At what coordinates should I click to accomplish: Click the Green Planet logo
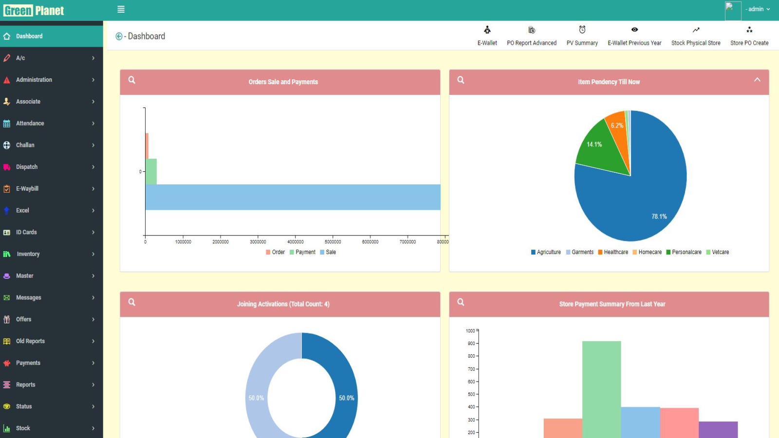click(x=34, y=10)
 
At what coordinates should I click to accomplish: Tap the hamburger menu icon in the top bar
click(x=121, y=9)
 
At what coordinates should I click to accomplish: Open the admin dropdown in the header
click(x=758, y=9)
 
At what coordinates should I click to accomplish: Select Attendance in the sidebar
click(x=30, y=124)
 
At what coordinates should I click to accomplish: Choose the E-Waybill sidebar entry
click(x=27, y=189)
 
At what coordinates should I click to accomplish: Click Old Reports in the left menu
click(x=30, y=341)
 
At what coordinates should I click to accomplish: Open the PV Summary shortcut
click(x=582, y=36)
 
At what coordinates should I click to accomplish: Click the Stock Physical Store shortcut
click(x=696, y=36)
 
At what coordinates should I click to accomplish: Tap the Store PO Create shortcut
click(x=749, y=36)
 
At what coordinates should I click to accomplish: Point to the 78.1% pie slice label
click(x=659, y=217)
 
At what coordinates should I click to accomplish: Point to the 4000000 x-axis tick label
click(x=296, y=242)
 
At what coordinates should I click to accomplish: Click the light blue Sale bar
click(x=292, y=197)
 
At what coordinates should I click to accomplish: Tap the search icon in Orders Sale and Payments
click(x=132, y=80)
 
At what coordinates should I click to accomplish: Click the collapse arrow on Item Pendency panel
click(x=757, y=80)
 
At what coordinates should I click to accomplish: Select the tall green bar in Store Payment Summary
click(x=602, y=389)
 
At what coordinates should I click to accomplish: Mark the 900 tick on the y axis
click(x=471, y=344)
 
